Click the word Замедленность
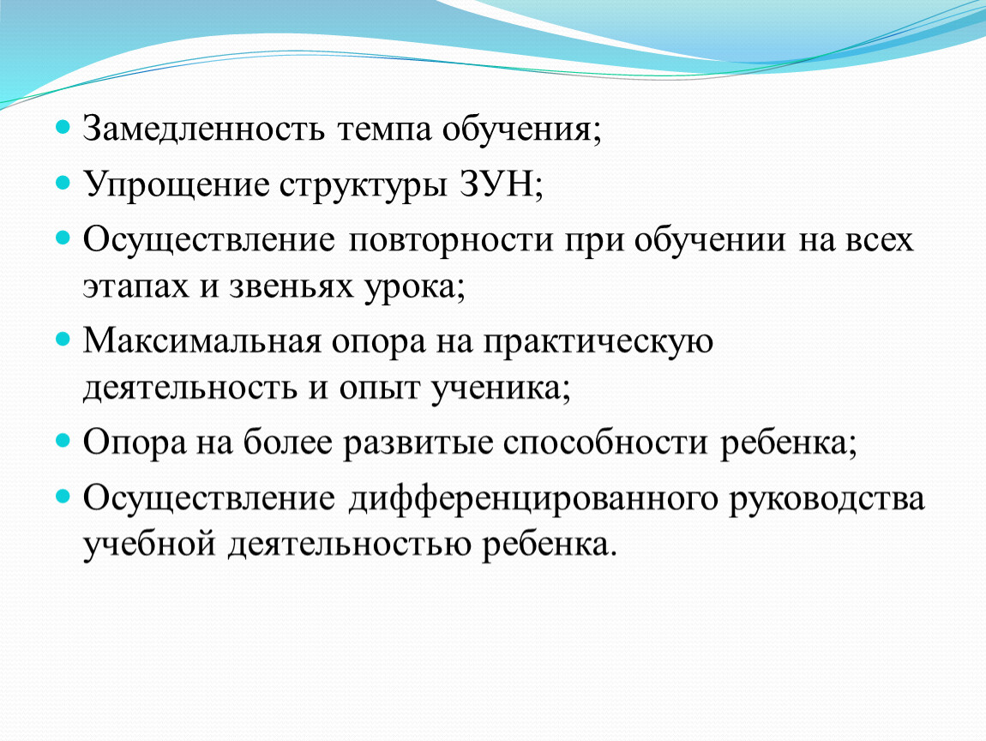coord(204,129)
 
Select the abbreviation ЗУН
coord(496,184)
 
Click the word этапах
coord(135,286)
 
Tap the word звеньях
coord(292,286)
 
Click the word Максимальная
coord(201,341)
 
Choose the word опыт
coord(379,389)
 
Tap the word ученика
coord(496,389)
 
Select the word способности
coord(605,443)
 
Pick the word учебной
coord(149,544)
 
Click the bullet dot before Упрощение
coord(63,183)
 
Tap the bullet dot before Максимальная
coord(63,340)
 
